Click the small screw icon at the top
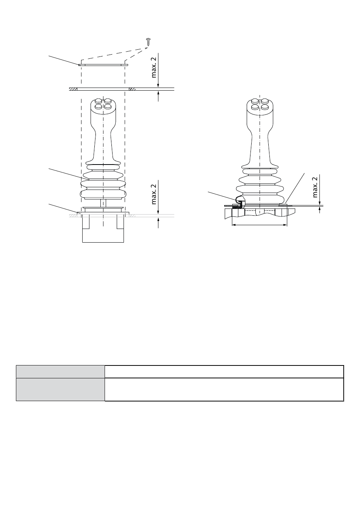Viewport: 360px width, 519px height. [148, 42]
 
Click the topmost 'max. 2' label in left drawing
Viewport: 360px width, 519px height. [153, 67]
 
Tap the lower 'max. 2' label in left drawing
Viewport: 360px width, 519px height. [153, 194]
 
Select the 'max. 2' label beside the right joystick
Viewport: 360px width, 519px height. [315, 187]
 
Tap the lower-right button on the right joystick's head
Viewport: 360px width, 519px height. [265, 107]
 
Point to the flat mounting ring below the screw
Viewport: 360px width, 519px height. [103, 65]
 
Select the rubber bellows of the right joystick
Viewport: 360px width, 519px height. [260, 186]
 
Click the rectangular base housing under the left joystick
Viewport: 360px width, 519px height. [103, 228]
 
